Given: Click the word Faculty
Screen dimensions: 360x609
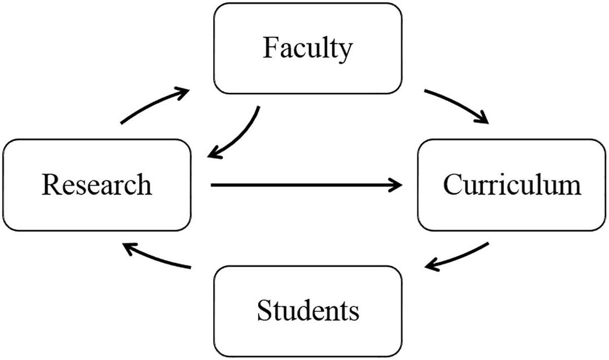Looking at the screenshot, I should click(x=308, y=49).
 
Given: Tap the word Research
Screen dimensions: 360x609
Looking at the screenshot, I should click(x=96, y=185).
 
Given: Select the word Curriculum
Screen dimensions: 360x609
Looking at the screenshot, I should click(x=512, y=185).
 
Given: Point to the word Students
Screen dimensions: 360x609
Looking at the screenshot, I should click(x=308, y=310).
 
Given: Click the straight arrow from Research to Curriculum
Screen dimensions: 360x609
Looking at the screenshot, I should click(x=304, y=185).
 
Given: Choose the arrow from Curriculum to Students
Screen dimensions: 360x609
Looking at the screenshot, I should click(x=459, y=258).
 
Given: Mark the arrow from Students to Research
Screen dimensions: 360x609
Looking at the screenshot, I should click(x=157, y=256).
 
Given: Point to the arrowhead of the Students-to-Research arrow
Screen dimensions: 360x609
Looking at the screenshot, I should click(x=129, y=247).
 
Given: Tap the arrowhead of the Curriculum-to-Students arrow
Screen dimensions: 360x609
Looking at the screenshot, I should click(x=431, y=266).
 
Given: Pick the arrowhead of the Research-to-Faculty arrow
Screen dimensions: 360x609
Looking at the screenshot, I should click(x=184, y=91).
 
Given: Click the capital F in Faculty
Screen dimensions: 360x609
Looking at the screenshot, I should click(x=269, y=49).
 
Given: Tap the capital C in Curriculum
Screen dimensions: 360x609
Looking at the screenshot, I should click(x=453, y=185).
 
